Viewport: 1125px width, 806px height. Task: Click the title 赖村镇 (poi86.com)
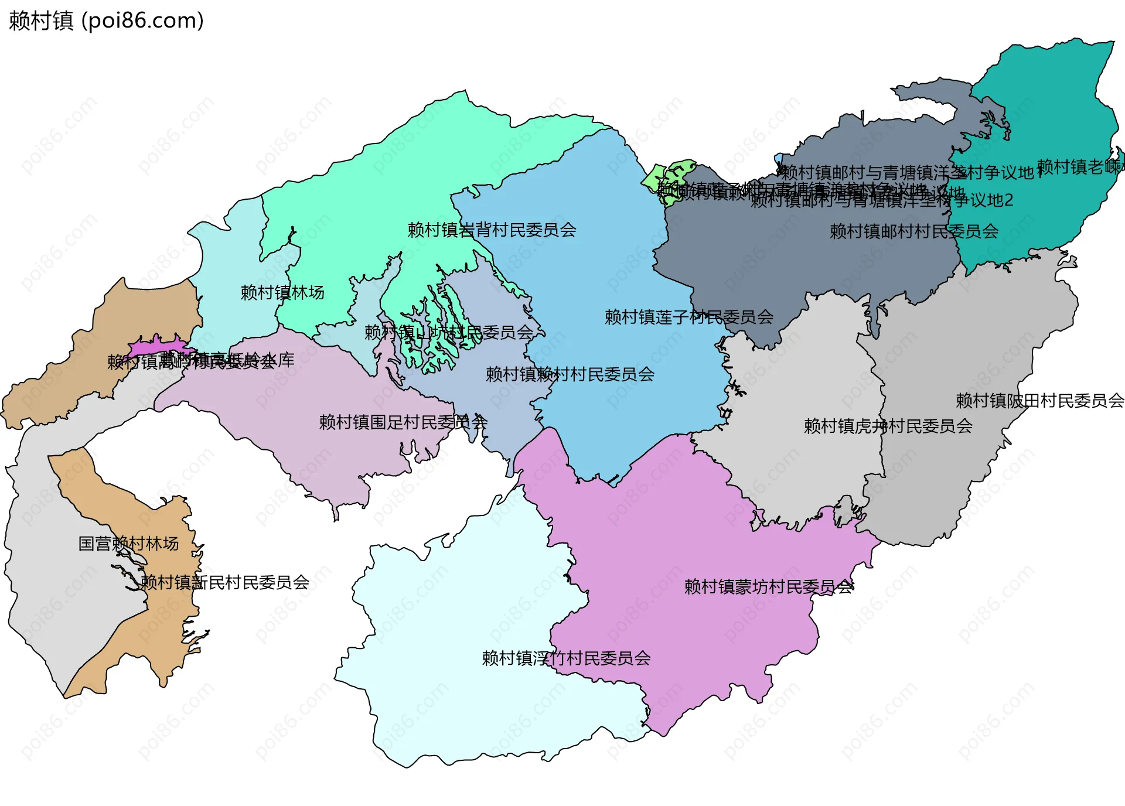pyautogui.click(x=106, y=21)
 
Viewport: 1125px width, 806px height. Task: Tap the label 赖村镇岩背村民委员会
pyautogui.click(x=492, y=230)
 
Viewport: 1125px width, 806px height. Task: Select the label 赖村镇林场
pyautogui.click(x=282, y=292)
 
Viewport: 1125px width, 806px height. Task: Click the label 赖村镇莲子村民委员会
pyautogui.click(x=689, y=317)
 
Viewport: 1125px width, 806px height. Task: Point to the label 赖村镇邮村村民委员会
pyautogui.click(x=914, y=231)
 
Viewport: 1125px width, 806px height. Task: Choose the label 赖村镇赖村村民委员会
pyautogui.click(x=570, y=374)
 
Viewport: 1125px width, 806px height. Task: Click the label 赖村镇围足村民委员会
pyautogui.click(x=403, y=422)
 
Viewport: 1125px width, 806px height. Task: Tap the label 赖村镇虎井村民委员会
pyautogui.click(x=888, y=426)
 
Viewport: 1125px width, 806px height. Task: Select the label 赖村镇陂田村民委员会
pyautogui.click(x=1040, y=401)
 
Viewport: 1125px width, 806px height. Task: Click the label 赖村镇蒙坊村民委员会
pyautogui.click(x=769, y=586)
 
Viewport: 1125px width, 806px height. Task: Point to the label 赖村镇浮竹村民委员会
pyautogui.click(x=566, y=658)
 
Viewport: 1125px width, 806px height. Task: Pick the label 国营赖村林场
pyautogui.click(x=128, y=544)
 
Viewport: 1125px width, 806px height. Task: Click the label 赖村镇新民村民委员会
pyautogui.click(x=225, y=582)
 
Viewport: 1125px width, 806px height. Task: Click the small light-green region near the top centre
pyautogui.click(x=668, y=176)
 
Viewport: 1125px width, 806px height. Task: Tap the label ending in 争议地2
pyautogui.click(x=882, y=201)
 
